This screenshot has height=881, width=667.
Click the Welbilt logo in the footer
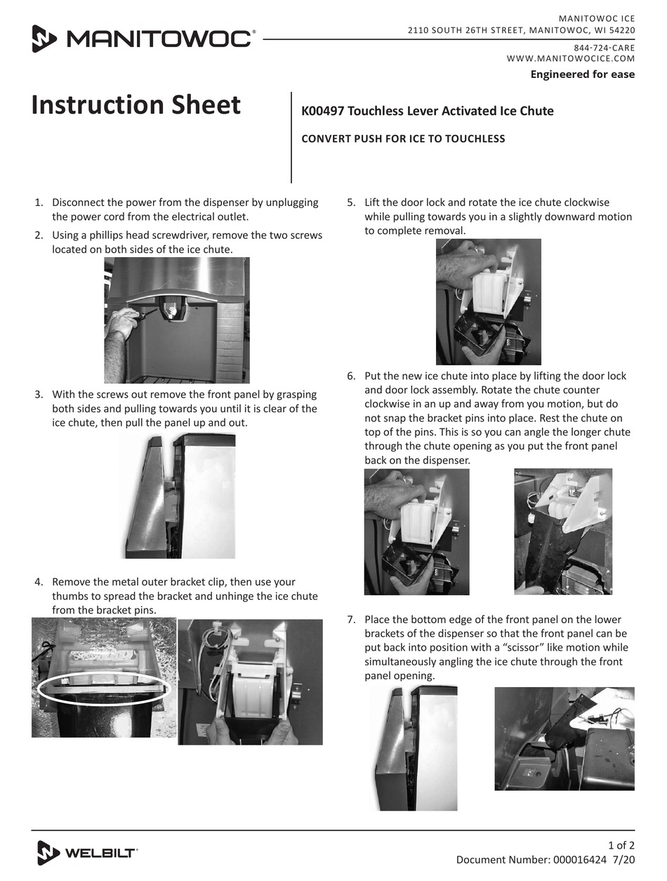(x=87, y=853)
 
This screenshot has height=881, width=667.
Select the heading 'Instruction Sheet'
(x=136, y=105)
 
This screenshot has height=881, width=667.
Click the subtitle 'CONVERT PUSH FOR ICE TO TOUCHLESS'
(x=403, y=139)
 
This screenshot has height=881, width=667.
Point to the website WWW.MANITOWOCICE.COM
(x=570, y=59)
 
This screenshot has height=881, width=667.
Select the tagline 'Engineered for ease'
(x=582, y=74)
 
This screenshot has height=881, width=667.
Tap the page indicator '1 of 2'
(x=621, y=845)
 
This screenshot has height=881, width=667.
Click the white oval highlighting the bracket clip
(x=104, y=689)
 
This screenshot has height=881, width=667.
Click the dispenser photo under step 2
(x=177, y=320)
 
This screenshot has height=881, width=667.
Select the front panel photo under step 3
(x=180, y=496)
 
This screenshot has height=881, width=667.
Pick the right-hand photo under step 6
(x=563, y=531)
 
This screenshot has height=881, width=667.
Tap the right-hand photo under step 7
(x=564, y=738)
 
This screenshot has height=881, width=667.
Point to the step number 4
(x=39, y=582)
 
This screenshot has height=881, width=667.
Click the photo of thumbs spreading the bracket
(x=250, y=681)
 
